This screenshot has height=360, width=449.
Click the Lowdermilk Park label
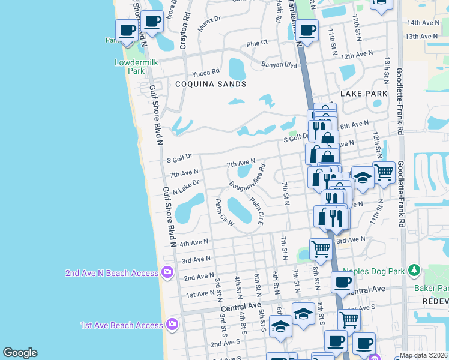tap(130, 67)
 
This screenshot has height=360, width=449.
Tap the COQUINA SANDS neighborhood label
tap(211, 85)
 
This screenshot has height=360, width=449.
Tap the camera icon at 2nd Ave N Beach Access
tap(167, 273)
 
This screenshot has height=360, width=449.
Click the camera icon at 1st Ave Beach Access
tap(173, 325)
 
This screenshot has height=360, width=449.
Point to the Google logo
tap(20, 353)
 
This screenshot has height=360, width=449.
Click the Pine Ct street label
tap(257, 44)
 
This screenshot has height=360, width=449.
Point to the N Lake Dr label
tap(185, 187)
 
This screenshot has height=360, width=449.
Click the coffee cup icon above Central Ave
tap(343, 282)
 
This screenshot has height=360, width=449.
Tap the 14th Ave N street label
tap(423, 23)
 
